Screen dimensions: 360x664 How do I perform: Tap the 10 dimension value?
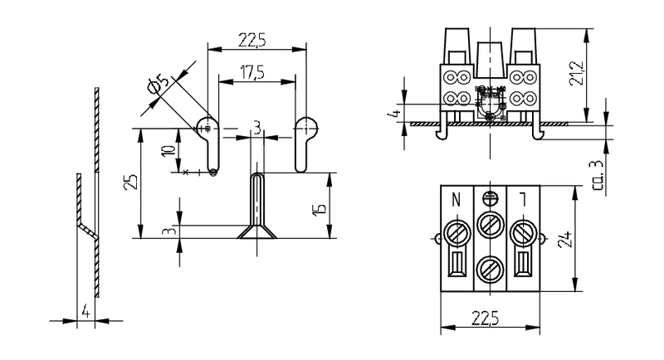[168, 152]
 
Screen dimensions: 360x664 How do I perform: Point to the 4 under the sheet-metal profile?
[85, 312]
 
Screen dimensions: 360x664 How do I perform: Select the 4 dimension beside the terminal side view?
[397, 114]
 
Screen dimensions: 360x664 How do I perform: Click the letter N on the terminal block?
[456, 199]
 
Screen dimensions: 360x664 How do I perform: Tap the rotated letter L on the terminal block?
[523, 199]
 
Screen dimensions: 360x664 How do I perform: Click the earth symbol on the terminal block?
[490, 197]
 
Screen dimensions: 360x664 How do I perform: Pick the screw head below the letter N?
[456, 229]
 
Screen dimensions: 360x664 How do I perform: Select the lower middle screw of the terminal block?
[490, 268]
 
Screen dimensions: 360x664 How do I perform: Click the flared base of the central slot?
[257, 233]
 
